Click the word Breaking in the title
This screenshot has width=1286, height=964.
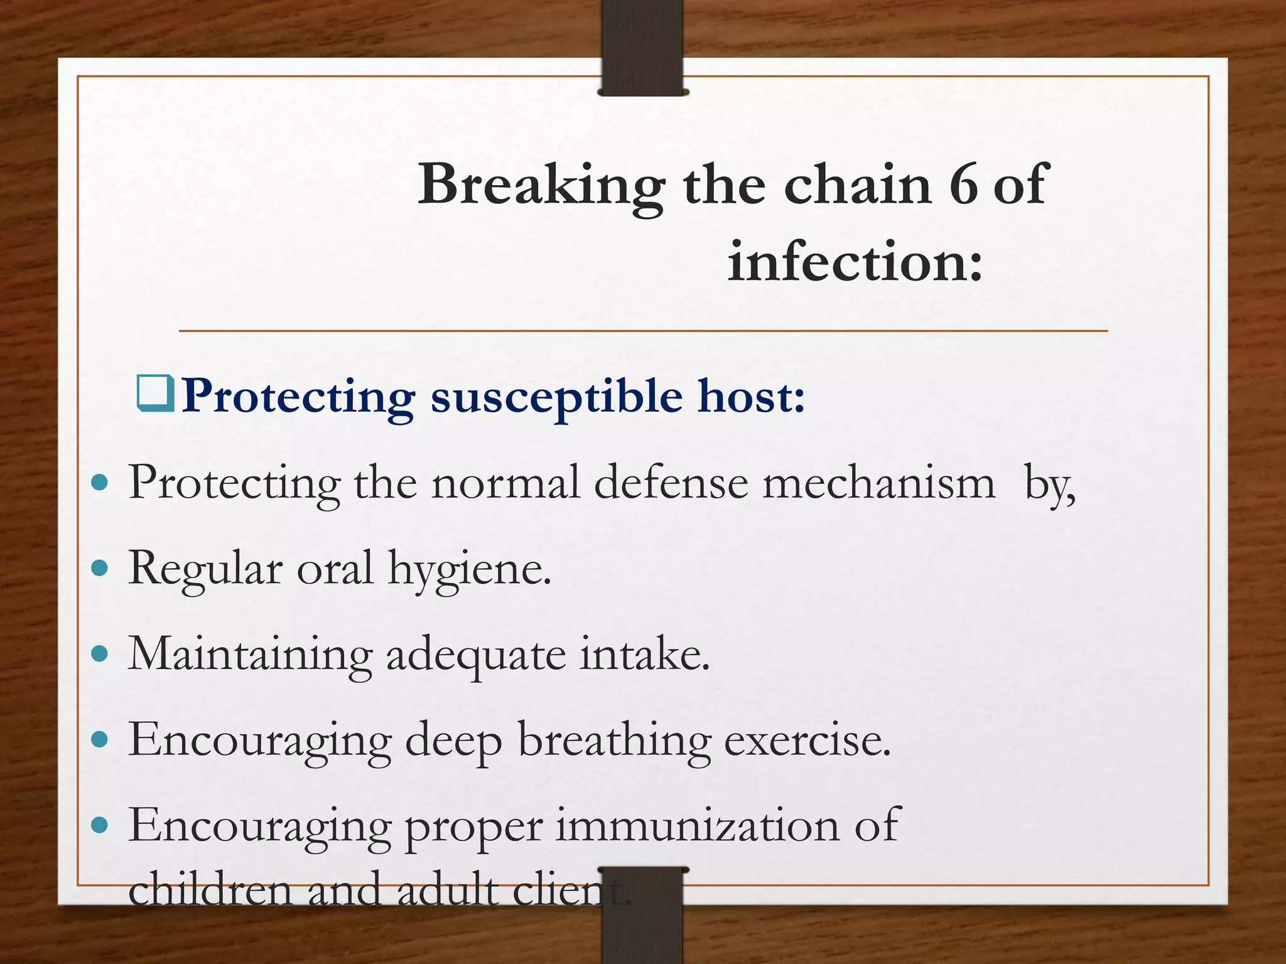point(541,185)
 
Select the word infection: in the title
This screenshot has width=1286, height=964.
point(855,262)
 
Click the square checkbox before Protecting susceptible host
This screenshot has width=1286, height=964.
point(155,394)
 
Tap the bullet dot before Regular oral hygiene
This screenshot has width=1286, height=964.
point(99,569)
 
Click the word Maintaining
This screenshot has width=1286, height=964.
point(250,655)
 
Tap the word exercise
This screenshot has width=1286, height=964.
point(808,740)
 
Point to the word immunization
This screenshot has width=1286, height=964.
point(697,825)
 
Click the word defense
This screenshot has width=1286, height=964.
point(671,483)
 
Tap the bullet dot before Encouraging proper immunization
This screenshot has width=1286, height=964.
point(99,825)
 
